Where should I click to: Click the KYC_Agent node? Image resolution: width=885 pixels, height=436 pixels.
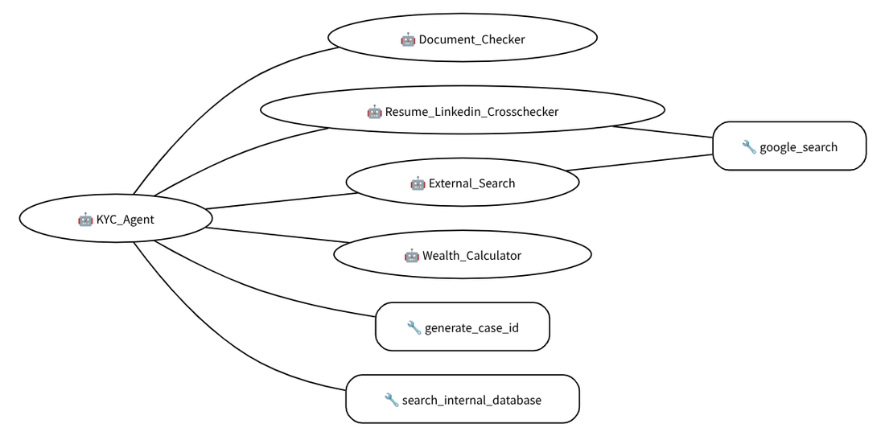[116, 219]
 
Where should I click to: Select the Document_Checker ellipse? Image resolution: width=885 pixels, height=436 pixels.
[463, 38]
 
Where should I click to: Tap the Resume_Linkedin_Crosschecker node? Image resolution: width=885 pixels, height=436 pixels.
[463, 110]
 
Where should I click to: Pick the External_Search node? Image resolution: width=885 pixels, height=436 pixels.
[463, 182]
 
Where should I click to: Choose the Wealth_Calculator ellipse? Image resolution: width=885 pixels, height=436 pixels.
[463, 254]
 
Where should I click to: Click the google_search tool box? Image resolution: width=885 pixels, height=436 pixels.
[789, 146]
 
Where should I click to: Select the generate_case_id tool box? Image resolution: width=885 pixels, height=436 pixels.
[463, 327]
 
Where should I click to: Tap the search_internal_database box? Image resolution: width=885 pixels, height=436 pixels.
[463, 399]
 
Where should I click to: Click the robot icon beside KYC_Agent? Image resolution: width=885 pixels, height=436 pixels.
[85, 220]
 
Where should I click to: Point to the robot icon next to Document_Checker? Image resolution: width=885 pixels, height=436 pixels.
[408, 39]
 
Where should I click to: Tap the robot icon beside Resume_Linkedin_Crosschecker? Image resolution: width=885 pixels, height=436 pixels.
[374, 112]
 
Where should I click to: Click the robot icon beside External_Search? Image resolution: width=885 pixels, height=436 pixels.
[418, 183]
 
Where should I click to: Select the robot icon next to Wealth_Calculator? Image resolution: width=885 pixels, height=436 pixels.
[411, 256]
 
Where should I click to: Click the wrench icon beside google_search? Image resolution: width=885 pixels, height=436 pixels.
[748, 147]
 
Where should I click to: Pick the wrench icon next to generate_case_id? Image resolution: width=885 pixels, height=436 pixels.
[414, 327]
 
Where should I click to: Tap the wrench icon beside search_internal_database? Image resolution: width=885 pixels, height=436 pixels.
[391, 400]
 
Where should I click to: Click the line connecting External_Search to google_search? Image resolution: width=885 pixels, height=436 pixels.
[640, 162]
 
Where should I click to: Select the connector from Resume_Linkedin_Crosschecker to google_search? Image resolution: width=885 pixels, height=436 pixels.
[663, 131]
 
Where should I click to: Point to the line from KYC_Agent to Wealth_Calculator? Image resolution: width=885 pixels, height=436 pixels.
[277, 235]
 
